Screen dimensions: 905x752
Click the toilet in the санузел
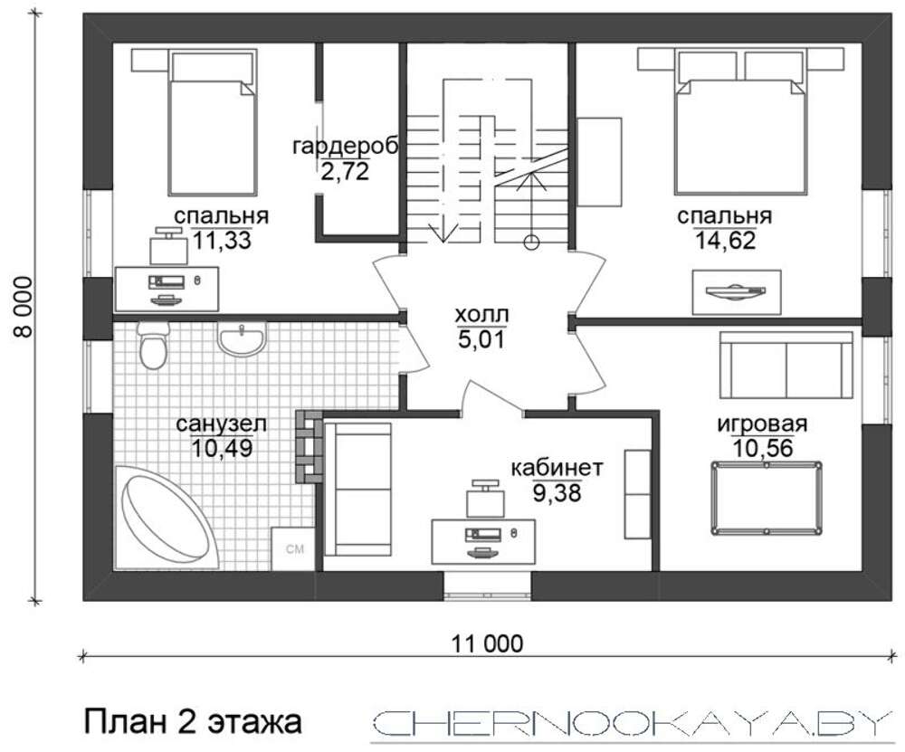pyautogui.click(x=153, y=345)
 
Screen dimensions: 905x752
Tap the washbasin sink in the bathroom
pyautogui.click(x=242, y=338)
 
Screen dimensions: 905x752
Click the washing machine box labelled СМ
pyautogui.click(x=294, y=548)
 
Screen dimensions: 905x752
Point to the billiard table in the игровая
pyautogui.click(x=767, y=498)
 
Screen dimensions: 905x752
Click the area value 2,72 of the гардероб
pyautogui.click(x=345, y=171)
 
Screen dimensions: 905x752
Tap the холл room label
pyautogui.click(x=481, y=315)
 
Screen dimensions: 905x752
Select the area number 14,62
pyautogui.click(x=724, y=240)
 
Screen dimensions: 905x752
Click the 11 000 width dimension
pyautogui.click(x=488, y=643)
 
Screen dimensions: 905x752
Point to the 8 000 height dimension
pyautogui.click(x=24, y=307)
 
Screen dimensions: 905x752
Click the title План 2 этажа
pyautogui.click(x=194, y=722)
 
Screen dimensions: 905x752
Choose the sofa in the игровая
pyautogui.click(x=786, y=365)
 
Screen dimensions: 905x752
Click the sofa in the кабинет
pyautogui.click(x=357, y=490)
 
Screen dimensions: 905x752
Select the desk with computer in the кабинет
pyautogui.click(x=483, y=541)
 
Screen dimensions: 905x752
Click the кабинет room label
pyautogui.click(x=557, y=467)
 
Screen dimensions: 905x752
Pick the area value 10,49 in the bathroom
pyautogui.click(x=222, y=448)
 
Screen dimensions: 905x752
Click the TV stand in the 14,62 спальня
pyautogui.click(x=737, y=292)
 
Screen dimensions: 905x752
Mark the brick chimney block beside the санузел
pyautogui.click(x=309, y=447)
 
